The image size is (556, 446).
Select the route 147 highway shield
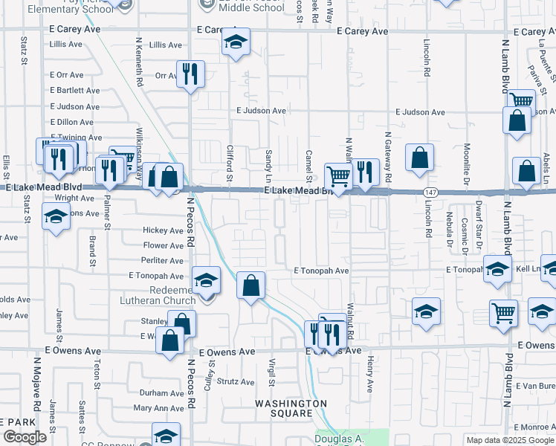tap(430, 193)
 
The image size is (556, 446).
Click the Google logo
tap(25, 437)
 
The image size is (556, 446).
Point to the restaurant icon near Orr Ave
tap(190, 74)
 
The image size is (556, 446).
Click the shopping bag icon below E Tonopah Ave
tap(251, 285)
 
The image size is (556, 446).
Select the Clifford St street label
tap(230, 164)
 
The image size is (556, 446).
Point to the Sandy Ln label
tap(268, 167)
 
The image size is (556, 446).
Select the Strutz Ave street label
tap(236, 381)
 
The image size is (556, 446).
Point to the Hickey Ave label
tap(163, 230)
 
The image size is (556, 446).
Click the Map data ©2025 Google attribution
tap(509, 440)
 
